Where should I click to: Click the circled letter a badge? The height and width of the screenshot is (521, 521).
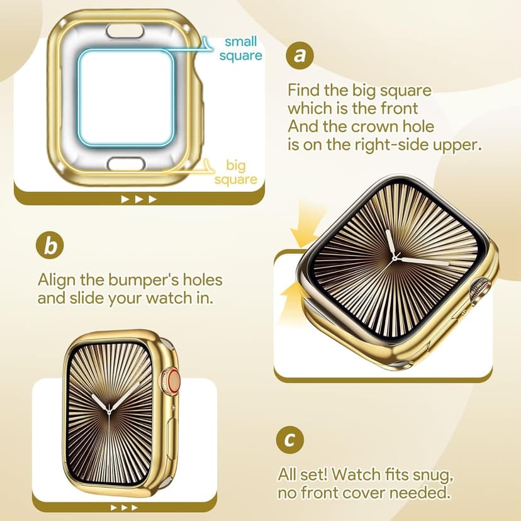click(x=300, y=56)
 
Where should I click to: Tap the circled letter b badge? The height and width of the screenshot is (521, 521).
click(x=50, y=245)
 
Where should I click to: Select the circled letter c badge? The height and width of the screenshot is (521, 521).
click(x=289, y=439)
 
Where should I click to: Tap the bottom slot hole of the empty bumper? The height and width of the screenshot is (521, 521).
click(x=126, y=164)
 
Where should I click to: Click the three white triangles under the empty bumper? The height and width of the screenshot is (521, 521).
click(x=138, y=199)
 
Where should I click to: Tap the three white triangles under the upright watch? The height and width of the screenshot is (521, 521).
click(x=123, y=507)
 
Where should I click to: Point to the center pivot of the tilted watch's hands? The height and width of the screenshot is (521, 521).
click(x=395, y=257)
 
